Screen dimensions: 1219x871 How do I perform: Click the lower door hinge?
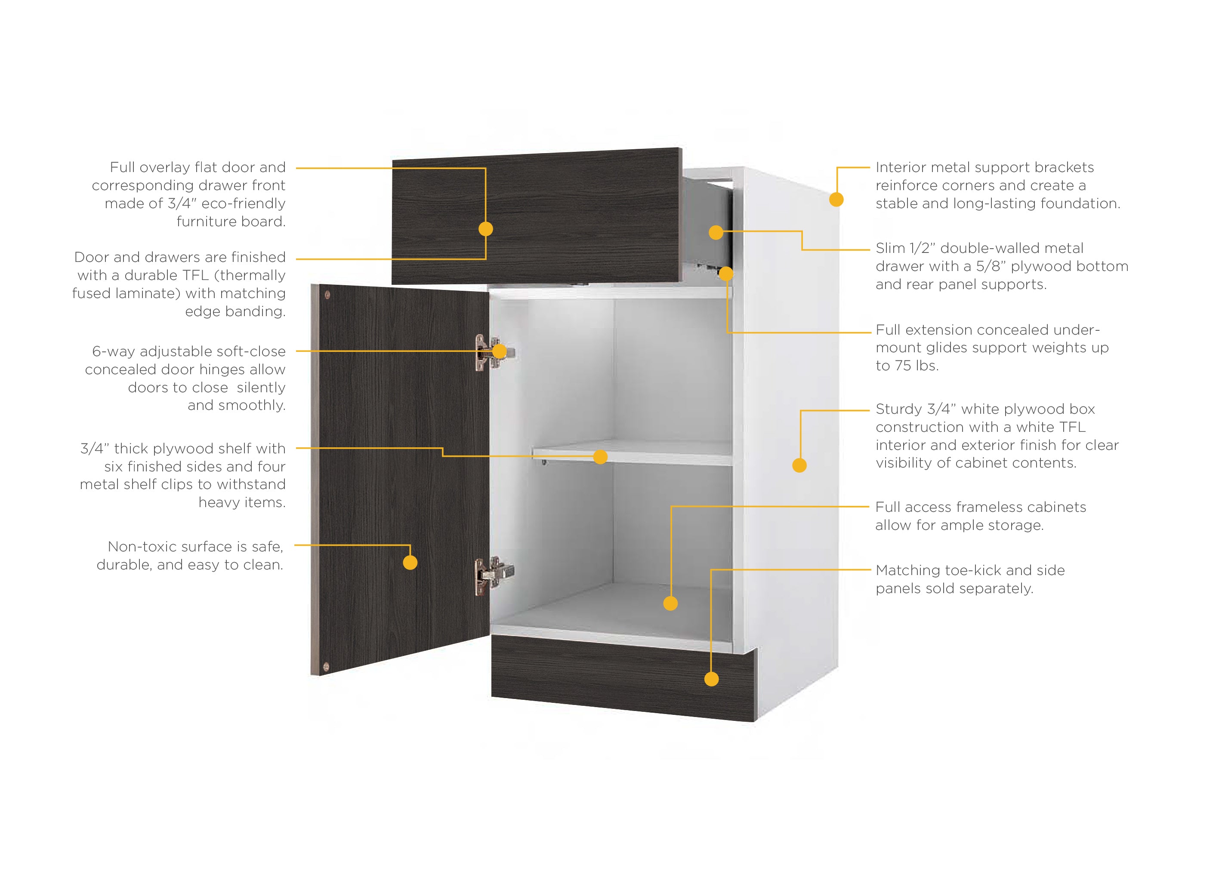coord(494,576)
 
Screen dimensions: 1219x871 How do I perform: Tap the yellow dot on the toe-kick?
coord(711,679)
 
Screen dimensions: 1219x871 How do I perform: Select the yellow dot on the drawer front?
coord(485,229)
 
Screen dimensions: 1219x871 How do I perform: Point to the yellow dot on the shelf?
coord(600,456)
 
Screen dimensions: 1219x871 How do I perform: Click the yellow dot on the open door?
coord(410,562)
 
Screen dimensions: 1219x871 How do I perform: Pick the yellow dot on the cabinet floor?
coord(671,603)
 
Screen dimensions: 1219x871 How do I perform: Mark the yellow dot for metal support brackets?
coord(836,200)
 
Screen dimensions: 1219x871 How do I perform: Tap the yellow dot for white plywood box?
coord(799,465)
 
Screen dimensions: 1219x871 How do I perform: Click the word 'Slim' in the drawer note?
coord(890,248)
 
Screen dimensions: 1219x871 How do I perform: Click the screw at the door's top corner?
coord(327,295)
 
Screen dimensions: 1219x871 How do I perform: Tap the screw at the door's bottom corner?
coord(326,667)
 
